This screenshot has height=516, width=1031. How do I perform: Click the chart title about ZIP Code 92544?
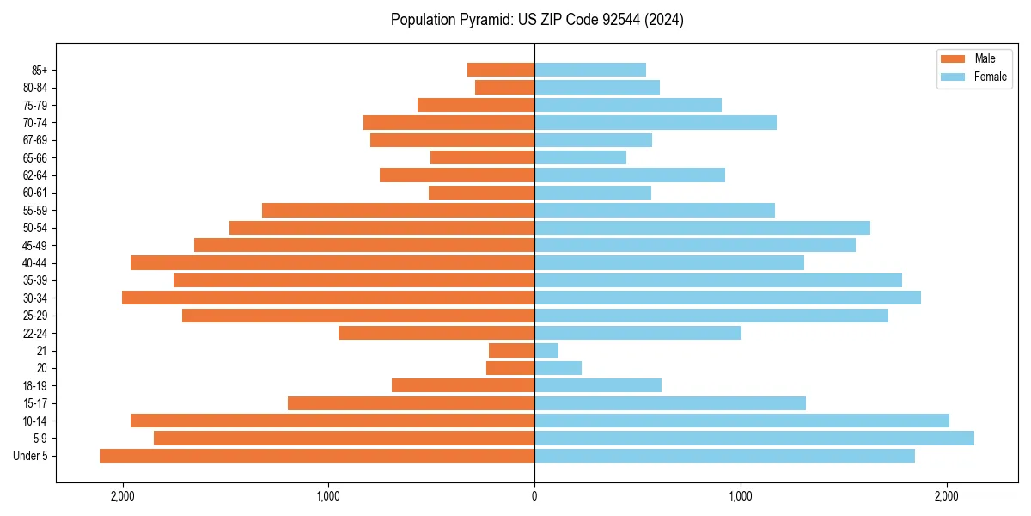point(537,20)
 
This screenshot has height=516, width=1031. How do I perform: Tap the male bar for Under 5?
point(317,456)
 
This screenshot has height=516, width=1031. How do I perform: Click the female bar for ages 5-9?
point(754,438)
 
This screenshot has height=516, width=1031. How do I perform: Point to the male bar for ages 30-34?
point(328,298)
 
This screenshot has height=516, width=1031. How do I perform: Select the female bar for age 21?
point(546,350)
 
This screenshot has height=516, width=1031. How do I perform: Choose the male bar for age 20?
point(510,368)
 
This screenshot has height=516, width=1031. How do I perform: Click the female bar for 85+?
point(590,70)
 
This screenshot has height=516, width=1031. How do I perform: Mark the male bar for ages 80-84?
point(505,87)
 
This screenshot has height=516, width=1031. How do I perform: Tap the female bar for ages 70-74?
point(656,122)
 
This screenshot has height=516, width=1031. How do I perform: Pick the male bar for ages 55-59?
point(399,210)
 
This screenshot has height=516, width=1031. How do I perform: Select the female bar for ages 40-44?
point(669,262)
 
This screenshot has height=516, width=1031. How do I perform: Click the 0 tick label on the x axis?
point(534,496)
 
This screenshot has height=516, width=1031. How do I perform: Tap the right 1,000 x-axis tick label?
point(741,496)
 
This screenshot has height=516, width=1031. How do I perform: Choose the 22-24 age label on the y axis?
point(35,333)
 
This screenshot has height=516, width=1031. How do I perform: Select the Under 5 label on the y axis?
point(31,456)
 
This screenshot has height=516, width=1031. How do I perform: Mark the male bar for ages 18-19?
point(463,385)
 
